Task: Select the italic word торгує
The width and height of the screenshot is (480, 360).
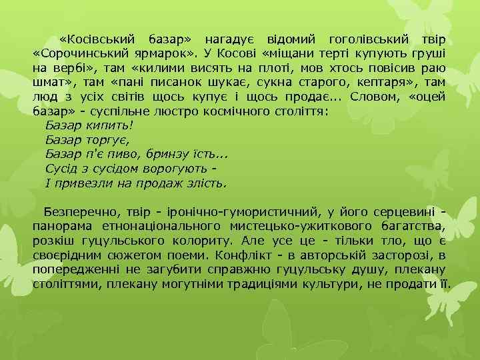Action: [110, 140]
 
